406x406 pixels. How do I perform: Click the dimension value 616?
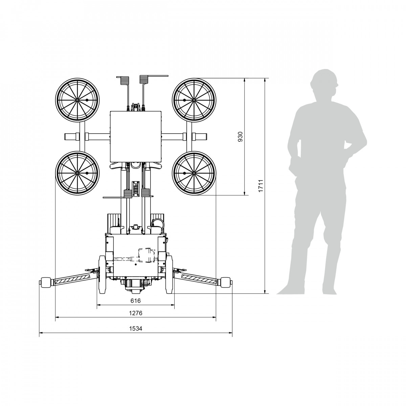coord(135,301)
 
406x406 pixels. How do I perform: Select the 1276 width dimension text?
coord(136,313)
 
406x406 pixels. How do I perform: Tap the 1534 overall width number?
coord(136,328)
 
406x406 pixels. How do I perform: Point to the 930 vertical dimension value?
coord(240,137)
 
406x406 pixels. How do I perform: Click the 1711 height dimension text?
coord(261,186)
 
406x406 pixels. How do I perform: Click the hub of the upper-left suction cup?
coord(77,100)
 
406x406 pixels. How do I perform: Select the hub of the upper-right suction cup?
coord(194,100)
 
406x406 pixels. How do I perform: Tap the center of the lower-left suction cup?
coord(77,173)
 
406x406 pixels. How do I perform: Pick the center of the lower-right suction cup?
coord(194,173)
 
